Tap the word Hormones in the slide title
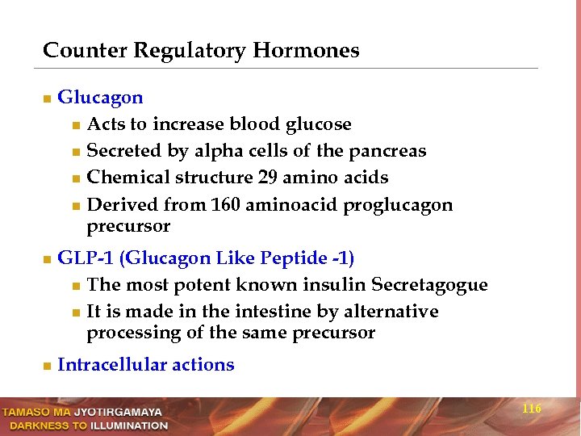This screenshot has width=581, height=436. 306,51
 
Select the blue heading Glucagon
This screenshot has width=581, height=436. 100,99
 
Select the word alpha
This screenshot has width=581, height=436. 216,152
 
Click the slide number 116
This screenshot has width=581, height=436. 532,409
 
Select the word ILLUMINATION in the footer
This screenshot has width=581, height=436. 129,426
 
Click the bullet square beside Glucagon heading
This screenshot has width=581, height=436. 47,99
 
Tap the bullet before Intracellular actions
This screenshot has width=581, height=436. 47,366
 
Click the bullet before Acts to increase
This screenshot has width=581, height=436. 75,125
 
